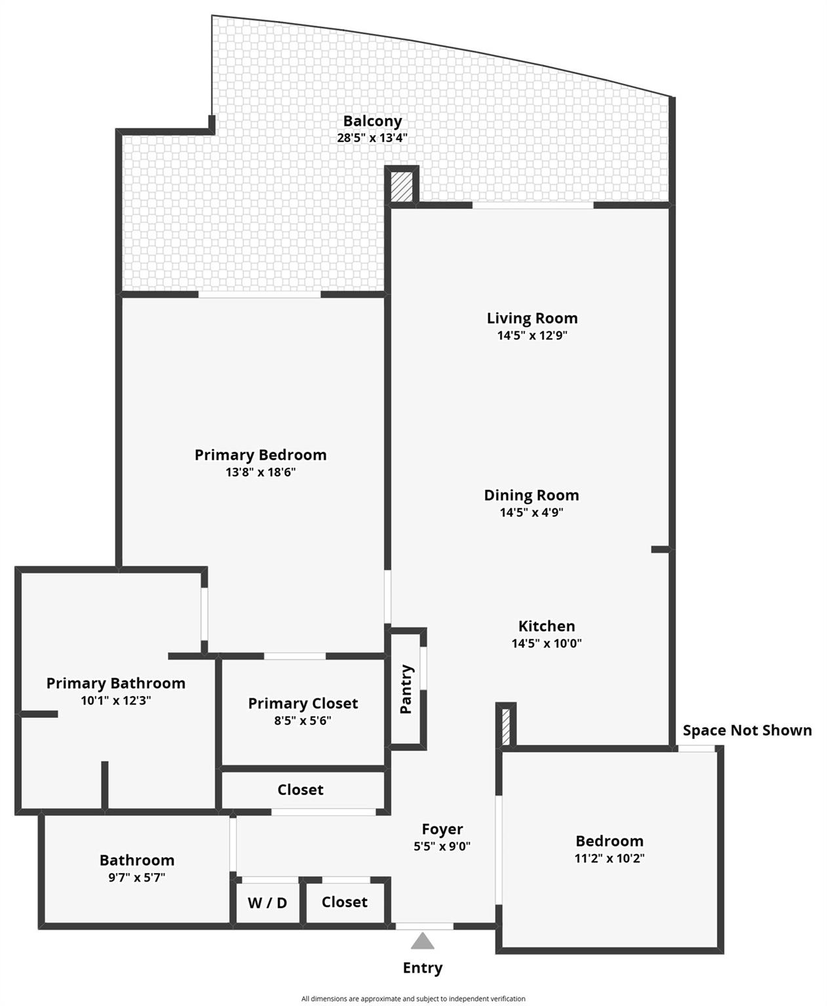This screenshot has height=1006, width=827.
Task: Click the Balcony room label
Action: (x=372, y=121)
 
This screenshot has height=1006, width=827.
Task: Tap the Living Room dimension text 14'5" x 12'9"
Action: (x=531, y=336)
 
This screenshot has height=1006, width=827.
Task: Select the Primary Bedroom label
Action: (x=260, y=455)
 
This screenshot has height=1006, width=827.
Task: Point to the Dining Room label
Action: (x=531, y=495)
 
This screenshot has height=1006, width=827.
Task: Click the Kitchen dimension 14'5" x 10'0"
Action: (x=547, y=643)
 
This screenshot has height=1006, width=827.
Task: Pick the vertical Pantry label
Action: (x=406, y=689)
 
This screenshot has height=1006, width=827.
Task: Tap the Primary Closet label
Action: (x=303, y=703)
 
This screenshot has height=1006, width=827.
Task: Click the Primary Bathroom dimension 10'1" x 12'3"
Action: (x=116, y=700)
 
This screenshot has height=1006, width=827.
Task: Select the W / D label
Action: (x=267, y=903)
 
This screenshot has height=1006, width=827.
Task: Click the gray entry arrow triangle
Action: (x=423, y=942)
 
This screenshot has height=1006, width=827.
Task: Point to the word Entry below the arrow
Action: (x=423, y=967)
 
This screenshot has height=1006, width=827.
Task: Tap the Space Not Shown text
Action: (x=747, y=730)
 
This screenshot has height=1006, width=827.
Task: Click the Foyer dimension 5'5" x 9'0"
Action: (x=442, y=846)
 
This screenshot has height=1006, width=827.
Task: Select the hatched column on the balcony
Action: (x=402, y=187)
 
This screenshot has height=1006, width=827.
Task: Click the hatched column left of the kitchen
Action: (x=505, y=726)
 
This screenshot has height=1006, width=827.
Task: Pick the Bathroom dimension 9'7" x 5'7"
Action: (x=137, y=878)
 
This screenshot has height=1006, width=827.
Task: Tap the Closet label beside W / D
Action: (x=344, y=902)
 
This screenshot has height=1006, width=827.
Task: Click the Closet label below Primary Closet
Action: (x=300, y=790)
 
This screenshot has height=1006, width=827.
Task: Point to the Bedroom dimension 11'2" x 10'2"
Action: (x=609, y=858)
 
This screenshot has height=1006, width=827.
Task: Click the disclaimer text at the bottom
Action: (x=413, y=999)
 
